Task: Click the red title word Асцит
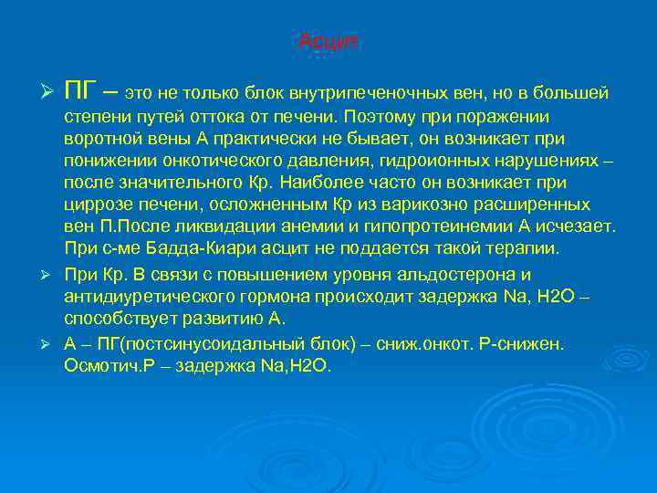(330, 42)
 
